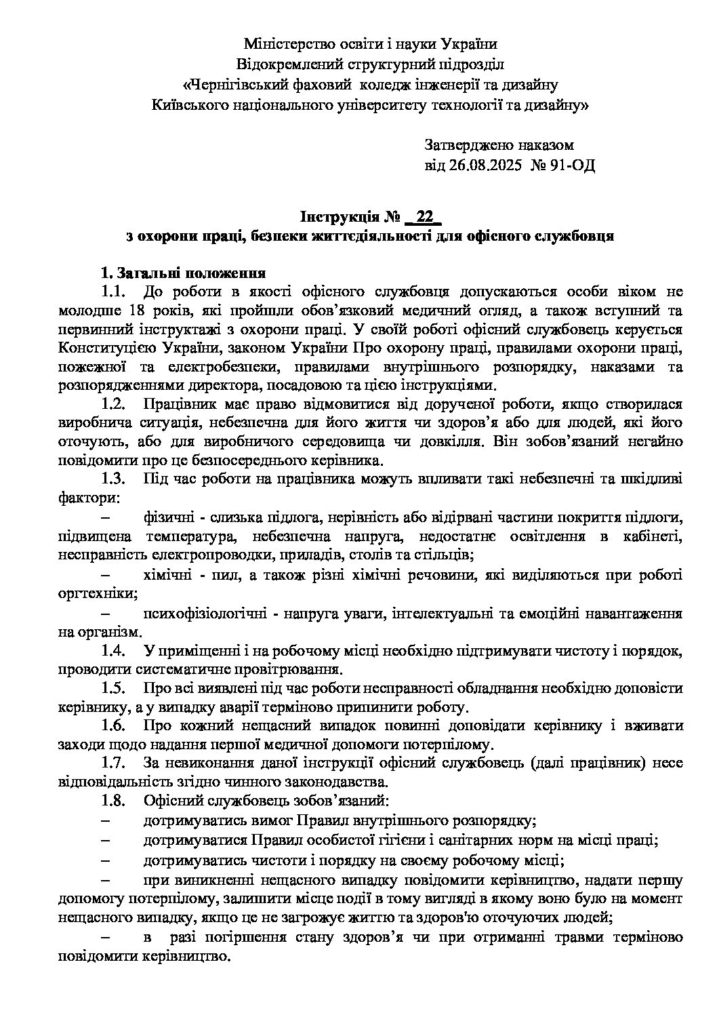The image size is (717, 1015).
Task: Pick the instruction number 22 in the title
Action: click(425, 217)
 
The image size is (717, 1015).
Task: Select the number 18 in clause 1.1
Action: click(134, 311)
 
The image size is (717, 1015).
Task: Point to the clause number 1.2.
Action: click(113, 404)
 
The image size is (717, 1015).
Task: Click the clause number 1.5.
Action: click(113, 688)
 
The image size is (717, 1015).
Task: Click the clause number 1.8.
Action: click(113, 801)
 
